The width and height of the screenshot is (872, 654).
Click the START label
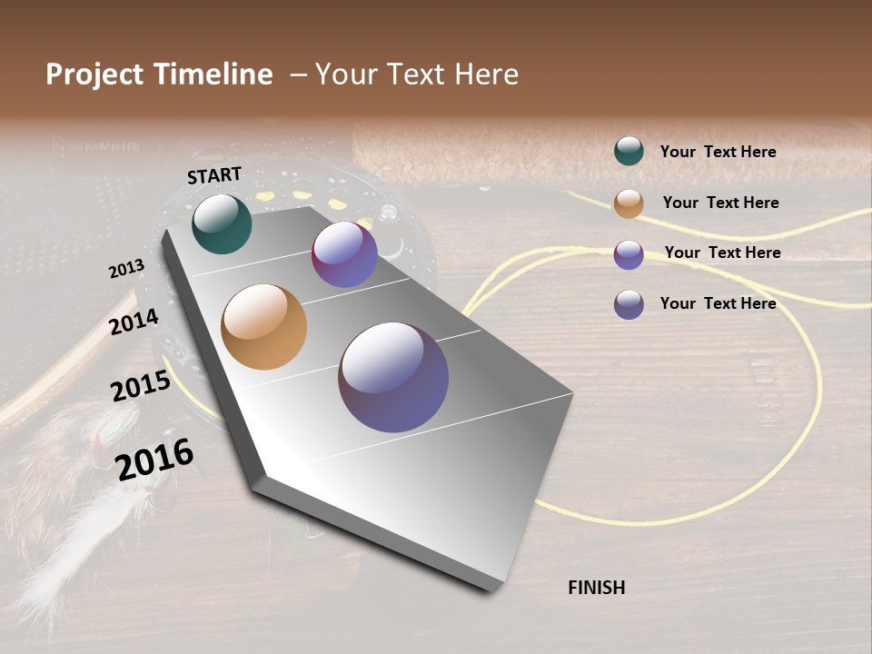(x=214, y=175)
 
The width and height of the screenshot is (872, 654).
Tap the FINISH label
(x=596, y=588)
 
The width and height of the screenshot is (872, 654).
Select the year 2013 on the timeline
(x=126, y=269)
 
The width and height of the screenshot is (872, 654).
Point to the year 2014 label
(x=134, y=322)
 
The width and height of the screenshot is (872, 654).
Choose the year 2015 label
(x=140, y=386)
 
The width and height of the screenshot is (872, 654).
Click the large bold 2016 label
(x=154, y=459)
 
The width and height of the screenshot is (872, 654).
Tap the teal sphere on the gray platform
(x=222, y=223)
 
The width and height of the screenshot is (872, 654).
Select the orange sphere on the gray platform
(x=263, y=327)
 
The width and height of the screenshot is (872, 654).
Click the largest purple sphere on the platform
(x=393, y=376)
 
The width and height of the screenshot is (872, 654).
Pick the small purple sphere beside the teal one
(x=344, y=254)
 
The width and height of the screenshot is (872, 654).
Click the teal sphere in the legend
(x=629, y=152)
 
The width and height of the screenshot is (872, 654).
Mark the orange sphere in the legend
(x=629, y=203)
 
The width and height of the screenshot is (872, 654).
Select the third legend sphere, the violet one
(x=629, y=254)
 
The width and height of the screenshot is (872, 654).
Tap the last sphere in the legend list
(x=629, y=304)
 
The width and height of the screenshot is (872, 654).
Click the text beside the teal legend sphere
(x=718, y=153)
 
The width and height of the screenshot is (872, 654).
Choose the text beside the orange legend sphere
(x=720, y=203)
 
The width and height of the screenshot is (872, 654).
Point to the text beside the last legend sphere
(x=718, y=303)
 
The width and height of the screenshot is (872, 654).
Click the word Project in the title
(x=95, y=74)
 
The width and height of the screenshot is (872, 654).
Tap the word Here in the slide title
(x=486, y=74)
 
